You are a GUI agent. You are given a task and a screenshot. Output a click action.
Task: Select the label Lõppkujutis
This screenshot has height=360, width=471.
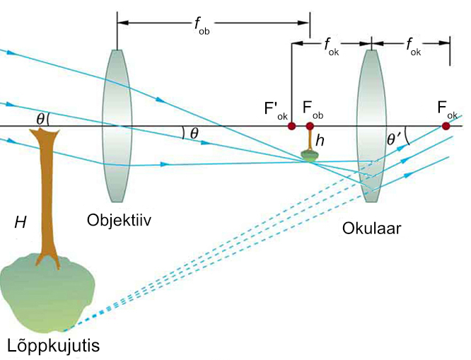(x=53, y=346)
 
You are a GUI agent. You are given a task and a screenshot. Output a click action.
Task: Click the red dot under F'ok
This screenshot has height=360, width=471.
(x=291, y=127)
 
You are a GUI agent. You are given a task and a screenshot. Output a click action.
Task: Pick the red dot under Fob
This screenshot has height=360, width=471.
(x=310, y=127)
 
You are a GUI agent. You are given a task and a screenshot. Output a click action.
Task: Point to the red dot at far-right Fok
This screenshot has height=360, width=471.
(x=446, y=126)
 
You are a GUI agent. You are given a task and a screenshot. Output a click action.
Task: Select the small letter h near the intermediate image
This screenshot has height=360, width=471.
(x=320, y=141)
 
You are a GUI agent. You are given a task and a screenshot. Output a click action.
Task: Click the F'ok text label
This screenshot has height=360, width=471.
(x=276, y=110)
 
